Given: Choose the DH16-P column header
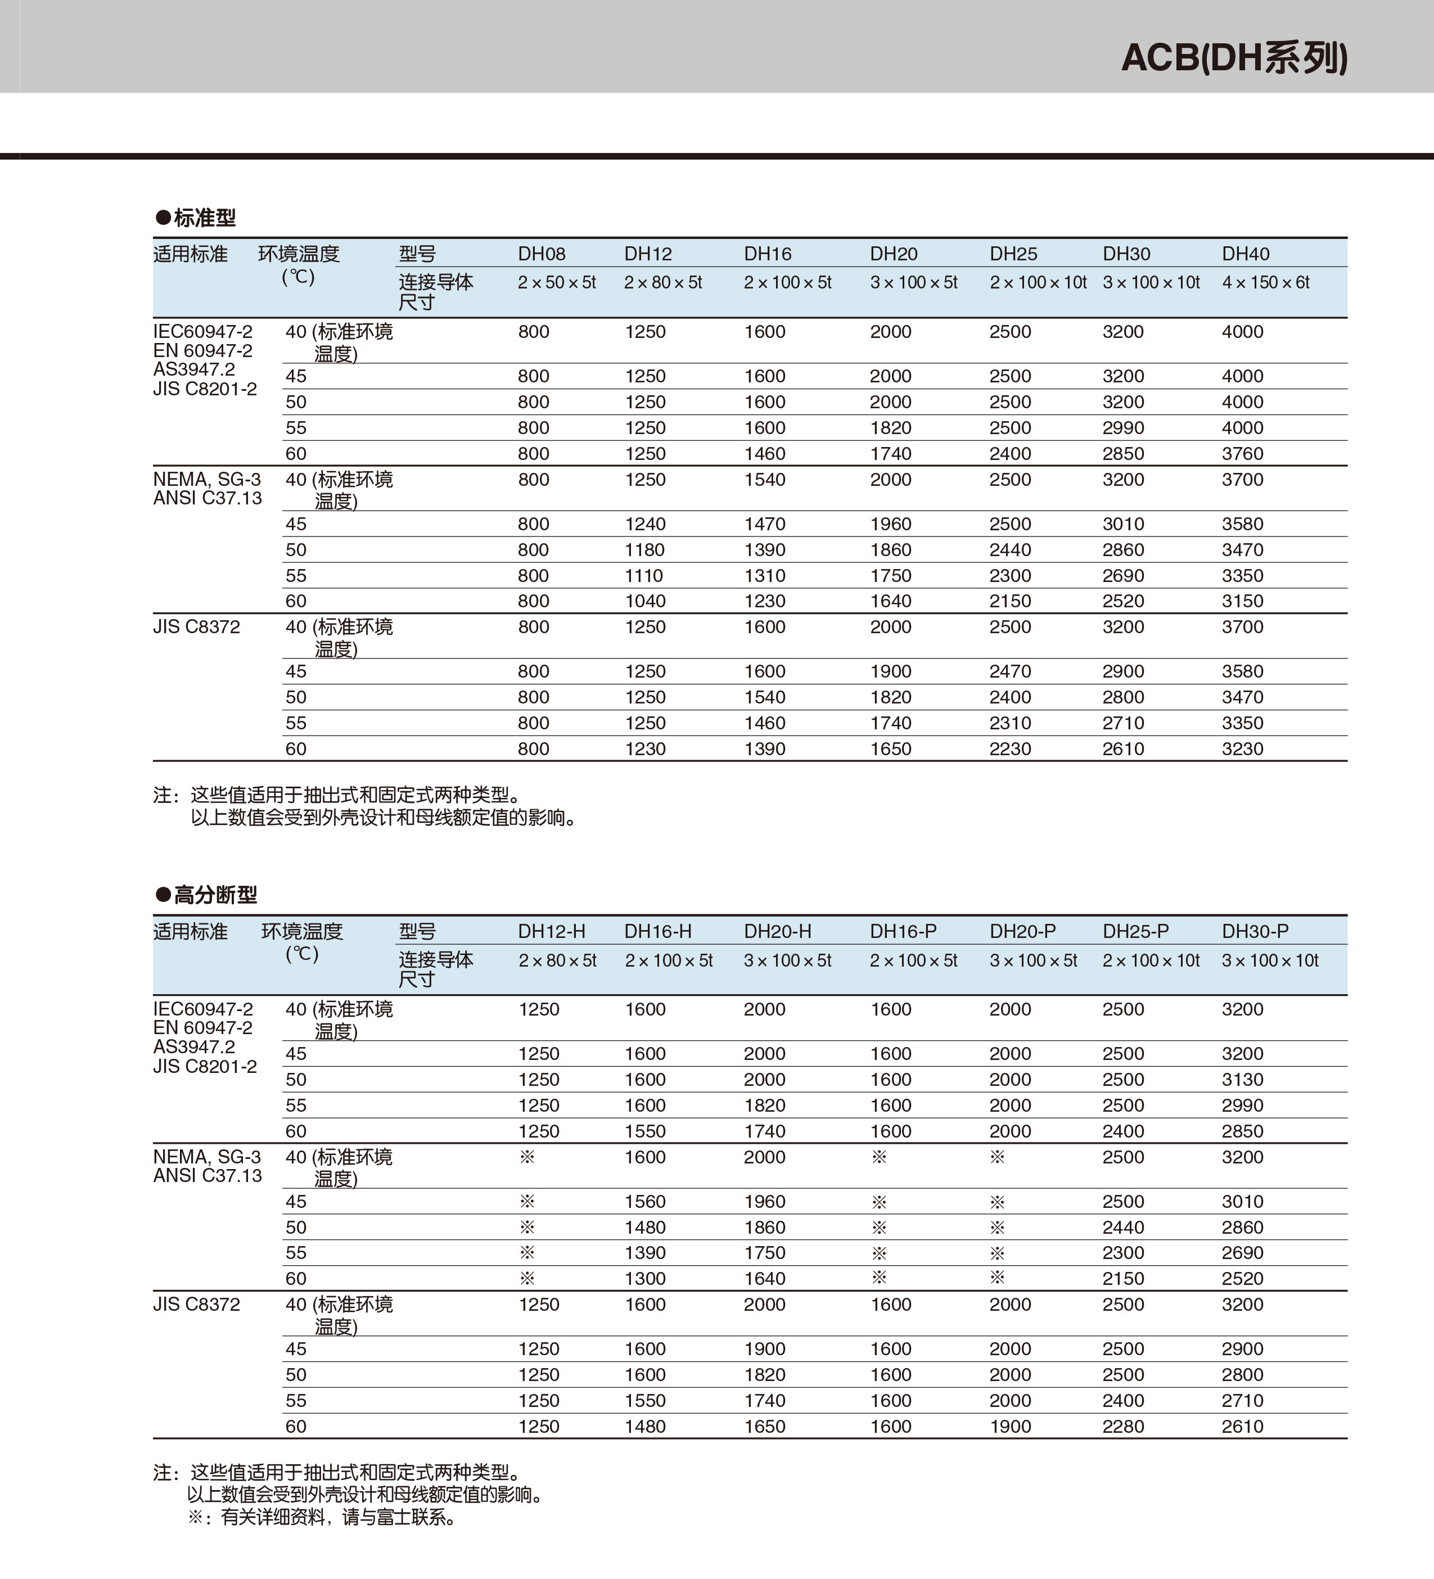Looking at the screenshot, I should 903,931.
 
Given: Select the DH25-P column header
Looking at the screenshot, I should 1135,931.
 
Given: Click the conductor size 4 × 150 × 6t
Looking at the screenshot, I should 1266,282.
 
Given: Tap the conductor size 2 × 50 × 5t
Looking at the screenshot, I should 557,282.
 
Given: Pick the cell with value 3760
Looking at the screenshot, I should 1243,453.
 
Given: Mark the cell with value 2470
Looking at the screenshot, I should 1011,671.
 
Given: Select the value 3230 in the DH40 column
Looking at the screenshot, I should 1243,749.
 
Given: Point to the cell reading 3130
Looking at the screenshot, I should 1243,1079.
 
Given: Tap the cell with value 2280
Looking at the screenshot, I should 1123,1426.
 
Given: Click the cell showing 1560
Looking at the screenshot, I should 646,1202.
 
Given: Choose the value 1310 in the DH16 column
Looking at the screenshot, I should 764,576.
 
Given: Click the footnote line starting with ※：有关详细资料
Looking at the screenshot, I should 322,1518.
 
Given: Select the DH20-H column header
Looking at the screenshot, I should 778,931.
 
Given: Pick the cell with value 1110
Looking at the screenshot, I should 644,576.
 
